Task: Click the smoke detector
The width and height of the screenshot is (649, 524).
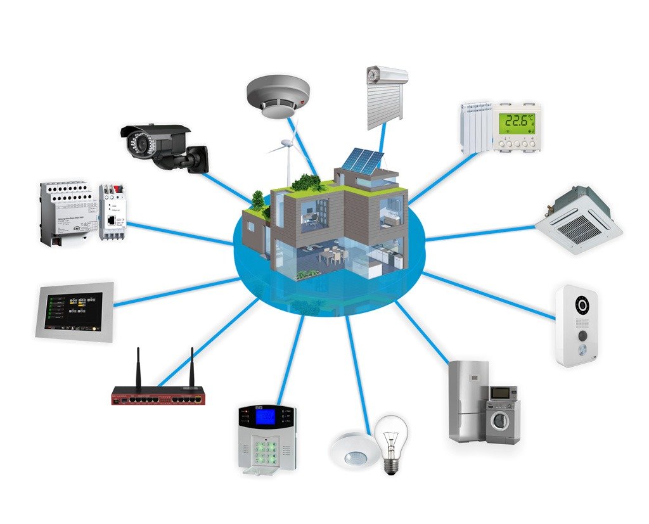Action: (x=277, y=96)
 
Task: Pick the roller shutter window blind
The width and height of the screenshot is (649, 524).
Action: (x=385, y=98)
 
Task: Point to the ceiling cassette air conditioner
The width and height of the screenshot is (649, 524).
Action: (x=577, y=222)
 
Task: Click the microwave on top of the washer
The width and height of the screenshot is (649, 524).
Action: (x=503, y=393)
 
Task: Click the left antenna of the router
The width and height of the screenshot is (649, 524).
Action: (x=139, y=367)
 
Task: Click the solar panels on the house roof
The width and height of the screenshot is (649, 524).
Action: (x=362, y=161)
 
